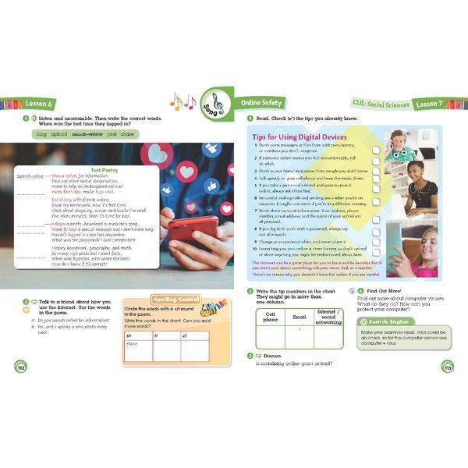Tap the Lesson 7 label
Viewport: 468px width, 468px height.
point(433,104)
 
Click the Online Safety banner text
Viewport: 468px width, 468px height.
point(261,103)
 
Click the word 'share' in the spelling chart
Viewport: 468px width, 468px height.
point(132,344)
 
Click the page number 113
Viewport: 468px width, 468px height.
point(447,366)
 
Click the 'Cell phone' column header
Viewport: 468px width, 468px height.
point(270,315)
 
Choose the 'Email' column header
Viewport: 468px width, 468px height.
point(300,315)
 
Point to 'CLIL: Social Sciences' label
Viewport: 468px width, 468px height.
point(375,104)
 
